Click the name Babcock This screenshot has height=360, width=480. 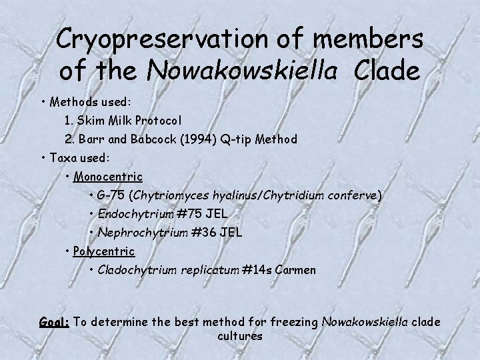pyautogui.click(x=151, y=139)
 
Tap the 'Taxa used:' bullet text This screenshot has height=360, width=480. pyautogui.click(x=79, y=158)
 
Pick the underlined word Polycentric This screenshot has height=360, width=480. pyautogui.click(x=103, y=251)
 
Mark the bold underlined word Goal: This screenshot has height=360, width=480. pyautogui.click(x=54, y=322)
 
